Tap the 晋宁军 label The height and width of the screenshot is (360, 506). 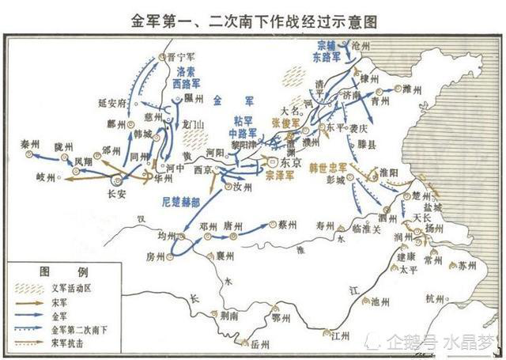(x=181, y=56)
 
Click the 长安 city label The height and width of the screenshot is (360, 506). (x=116, y=191)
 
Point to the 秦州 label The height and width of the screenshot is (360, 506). (x=31, y=144)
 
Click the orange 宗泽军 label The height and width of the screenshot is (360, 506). (x=278, y=172)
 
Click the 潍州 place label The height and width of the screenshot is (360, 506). (x=412, y=88)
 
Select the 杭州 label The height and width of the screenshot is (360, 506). (x=435, y=298)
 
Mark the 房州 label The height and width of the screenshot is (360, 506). (x=157, y=256)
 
